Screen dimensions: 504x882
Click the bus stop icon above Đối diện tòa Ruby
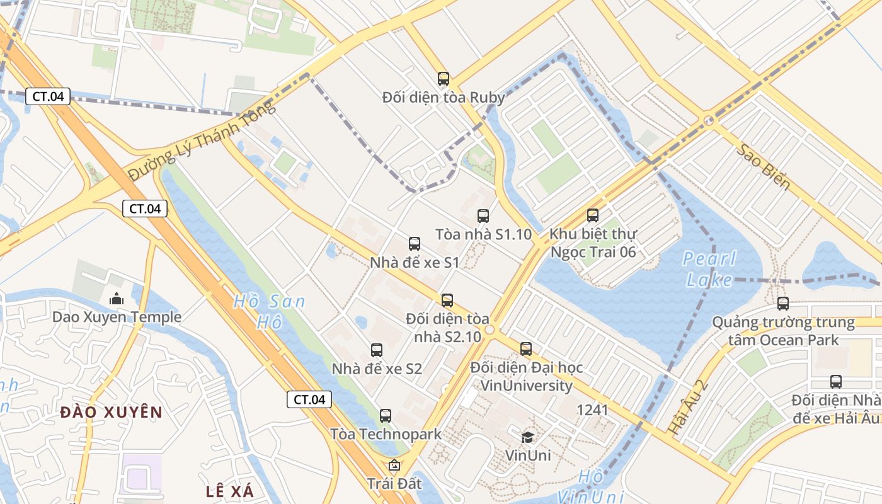pyautogui.click(x=444, y=79)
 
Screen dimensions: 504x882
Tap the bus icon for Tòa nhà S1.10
pyautogui.click(x=483, y=216)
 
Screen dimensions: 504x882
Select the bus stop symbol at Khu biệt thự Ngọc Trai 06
pyautogui.click(x=593, y=215)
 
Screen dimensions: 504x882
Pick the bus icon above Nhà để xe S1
pyautogui.click(x=415, y=244)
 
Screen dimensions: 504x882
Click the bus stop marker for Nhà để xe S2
pyautogui.click(x=377, y=350)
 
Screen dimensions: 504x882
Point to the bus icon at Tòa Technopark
pyautogui.click(x=386, y=416)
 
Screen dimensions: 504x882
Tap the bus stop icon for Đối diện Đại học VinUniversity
pyautogui.click(x=526, y=349)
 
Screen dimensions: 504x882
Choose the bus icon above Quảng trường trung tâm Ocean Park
pyautogui.click(x=783, y=304)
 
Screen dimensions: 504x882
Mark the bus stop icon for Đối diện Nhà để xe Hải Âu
pyautogui.click(x=836, y=382)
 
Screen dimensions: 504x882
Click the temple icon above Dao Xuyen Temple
pyautogui.click(x=117, y=299)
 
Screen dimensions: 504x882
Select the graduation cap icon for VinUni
pyautogui.click(x=527, y=437)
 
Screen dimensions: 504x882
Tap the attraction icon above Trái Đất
pyautogui.click(x=394, y=466)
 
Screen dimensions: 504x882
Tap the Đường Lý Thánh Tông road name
pyautogui.click(x=202, y=140)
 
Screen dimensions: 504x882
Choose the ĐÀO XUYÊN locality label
pyautogui.click(x=112, y=413)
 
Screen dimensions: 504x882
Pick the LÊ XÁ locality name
pyautogui.click(x=229, y=491)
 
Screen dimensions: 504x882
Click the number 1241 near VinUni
pyautogui.click(x=593, y=410)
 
